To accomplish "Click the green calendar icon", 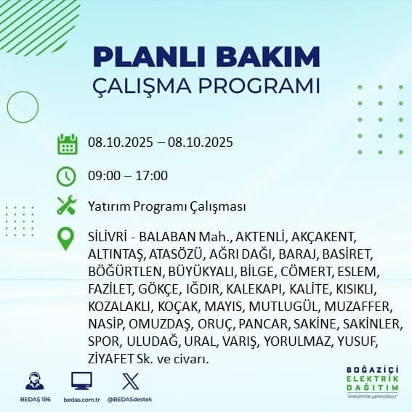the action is tap(68, 144).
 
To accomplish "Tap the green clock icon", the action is tap(66, 177).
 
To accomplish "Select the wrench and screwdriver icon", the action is tap(67, 205).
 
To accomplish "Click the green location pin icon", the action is tap(65, 238).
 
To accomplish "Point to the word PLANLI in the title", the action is tap(149, 56).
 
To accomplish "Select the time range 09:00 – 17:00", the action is tap(128, 176).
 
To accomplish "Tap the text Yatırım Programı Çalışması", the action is tap(167, 206).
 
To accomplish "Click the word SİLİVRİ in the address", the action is tap(108, 236).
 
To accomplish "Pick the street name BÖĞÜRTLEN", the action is tap(125, 272).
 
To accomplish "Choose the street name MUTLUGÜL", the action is tap(283, 307).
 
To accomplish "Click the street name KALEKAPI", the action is tap(254, 289).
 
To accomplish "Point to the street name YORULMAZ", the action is tap(297, 342).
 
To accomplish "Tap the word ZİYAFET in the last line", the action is tap(110, 359).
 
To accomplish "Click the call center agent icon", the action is tap(35, 381).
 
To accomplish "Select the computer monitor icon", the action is tap(81, 381).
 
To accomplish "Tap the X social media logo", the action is tap(131, 381).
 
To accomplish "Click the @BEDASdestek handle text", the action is tap(129, 400).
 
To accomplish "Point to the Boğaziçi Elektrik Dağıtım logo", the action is tap(372, 382).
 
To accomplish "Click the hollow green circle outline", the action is tap(7, 108).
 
